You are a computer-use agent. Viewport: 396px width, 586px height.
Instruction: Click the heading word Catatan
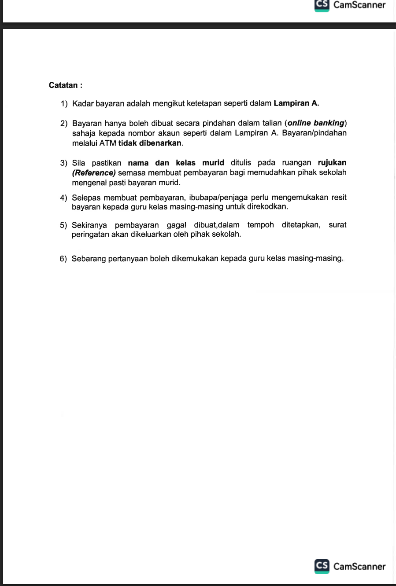pyautogui.click(x=63, y=85)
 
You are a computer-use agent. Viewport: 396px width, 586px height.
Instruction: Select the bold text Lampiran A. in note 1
pyautogui.click(x=296, y=104)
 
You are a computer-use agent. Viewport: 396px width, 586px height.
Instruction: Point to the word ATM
pyautogui.click(x=108, y=143)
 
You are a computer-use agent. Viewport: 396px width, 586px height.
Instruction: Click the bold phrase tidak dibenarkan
pyautogui.click(x=150, y=143)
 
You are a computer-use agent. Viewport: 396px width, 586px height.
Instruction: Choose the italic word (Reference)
pyautogui.click(x=94, y=173)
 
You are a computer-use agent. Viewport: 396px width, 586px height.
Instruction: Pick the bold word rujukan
pyautogui.click(x=332, y=163)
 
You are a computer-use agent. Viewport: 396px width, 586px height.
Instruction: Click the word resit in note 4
pyautogui.click(x=339, y=198)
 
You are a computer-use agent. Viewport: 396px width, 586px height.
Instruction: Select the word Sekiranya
pyautogui.click(x=89, y=225)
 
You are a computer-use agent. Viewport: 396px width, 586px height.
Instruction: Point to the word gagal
pyautogui.click(x=176, y=225)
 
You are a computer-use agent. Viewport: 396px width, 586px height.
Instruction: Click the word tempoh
pyautogui.click(x=260, y=225)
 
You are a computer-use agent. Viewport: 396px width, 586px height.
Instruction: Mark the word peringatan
pyautogui.click(x=88, y=234)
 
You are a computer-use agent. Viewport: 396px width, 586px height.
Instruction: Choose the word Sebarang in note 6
pyautogui.click(x=89, y=259)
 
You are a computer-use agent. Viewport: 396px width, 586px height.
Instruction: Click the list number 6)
pyautogui.click(x=63, y=259)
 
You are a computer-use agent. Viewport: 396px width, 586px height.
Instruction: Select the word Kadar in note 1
pyautogui.click(x=83, y=104)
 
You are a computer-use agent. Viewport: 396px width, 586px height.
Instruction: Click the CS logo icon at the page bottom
pyautogui.click(x=322, y=566)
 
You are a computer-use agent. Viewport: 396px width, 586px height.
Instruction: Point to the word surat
pyautogui.click(x=337, y=225)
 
